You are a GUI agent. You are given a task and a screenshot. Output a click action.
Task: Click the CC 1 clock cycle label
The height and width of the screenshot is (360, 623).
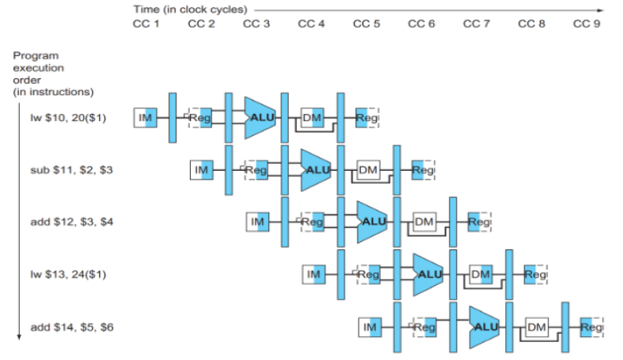(146, 24)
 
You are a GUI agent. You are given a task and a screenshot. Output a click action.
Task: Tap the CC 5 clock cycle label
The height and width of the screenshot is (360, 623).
(367, 24)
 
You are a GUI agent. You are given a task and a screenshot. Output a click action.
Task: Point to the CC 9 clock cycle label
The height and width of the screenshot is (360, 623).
(587, 24)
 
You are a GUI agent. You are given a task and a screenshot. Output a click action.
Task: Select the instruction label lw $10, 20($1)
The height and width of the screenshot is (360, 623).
(68, 118)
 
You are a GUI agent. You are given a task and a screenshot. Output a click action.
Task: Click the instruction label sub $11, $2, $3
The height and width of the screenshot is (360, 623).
(71, 170)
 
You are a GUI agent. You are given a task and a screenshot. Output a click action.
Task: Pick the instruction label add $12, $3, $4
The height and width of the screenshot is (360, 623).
(72, 222)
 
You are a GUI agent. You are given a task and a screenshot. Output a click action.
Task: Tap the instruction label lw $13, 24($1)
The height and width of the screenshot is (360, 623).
(68, 275)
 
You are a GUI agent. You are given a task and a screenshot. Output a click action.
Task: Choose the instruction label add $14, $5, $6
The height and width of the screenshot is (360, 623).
(72, 327)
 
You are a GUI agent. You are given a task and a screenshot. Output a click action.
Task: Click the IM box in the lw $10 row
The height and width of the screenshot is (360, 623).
(146, 117)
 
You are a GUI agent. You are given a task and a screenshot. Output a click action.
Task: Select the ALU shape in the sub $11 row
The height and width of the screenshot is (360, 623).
(316, 170)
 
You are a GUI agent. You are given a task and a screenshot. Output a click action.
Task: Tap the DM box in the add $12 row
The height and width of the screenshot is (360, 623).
(424, 222)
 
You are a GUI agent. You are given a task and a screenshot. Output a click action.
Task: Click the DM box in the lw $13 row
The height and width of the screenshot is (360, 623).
(481, 275)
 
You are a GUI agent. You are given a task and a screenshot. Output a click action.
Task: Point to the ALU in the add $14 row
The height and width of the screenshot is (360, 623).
(484, 327)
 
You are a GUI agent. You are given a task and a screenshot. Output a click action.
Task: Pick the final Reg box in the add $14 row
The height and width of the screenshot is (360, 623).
(591, 327)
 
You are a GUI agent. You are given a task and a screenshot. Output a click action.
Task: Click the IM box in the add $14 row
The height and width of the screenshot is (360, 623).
(370, 327)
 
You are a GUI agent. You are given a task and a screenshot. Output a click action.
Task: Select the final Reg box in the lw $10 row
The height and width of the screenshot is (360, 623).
(367, 117)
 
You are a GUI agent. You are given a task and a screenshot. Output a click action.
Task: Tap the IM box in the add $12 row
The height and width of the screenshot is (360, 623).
(257, 222)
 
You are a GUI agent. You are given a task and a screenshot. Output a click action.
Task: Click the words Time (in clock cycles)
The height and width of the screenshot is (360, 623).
(190, 9)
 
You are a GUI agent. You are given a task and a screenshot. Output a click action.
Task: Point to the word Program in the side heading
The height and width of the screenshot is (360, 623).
(36, 55)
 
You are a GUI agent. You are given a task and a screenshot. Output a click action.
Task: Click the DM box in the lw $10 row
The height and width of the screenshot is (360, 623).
(313, 117)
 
